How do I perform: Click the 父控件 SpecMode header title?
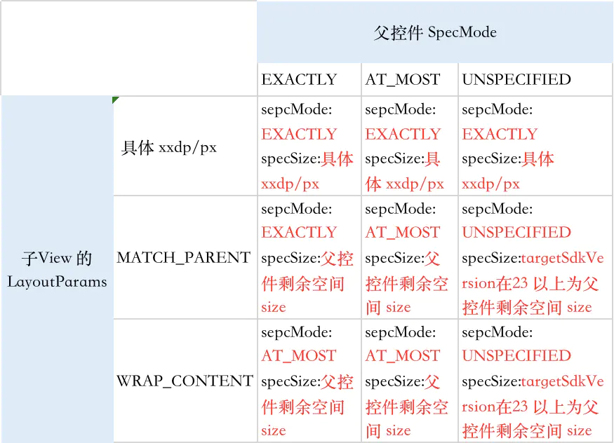click(435, 32)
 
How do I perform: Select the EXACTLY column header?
click(299, 79)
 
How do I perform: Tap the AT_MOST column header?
click(403, 79)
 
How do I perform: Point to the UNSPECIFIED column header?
click(516, 79)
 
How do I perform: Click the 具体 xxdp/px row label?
click(169, 148)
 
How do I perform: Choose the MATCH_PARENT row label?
click(183, 257)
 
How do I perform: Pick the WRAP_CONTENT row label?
click(185, 381)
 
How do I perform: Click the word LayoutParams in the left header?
click(57, 282)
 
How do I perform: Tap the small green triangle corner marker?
click(115, 100)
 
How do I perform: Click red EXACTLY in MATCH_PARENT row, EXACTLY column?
click(299, 232)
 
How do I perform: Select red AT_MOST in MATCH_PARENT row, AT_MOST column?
click(403, 232)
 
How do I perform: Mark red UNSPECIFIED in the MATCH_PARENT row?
click(516, 232)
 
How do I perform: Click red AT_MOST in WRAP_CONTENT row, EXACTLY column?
click(299, 356)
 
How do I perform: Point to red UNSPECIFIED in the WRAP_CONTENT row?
click(516, 356)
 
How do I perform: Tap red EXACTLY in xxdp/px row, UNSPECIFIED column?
click(500, 134)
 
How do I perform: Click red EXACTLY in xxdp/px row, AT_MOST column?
click(403, 134)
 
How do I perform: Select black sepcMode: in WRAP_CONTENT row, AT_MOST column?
click(400, 332)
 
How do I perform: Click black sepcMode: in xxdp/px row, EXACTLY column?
click(296, 109)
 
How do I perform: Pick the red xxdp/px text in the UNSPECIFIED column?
click(490, 184)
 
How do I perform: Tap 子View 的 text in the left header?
click(57, 259)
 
